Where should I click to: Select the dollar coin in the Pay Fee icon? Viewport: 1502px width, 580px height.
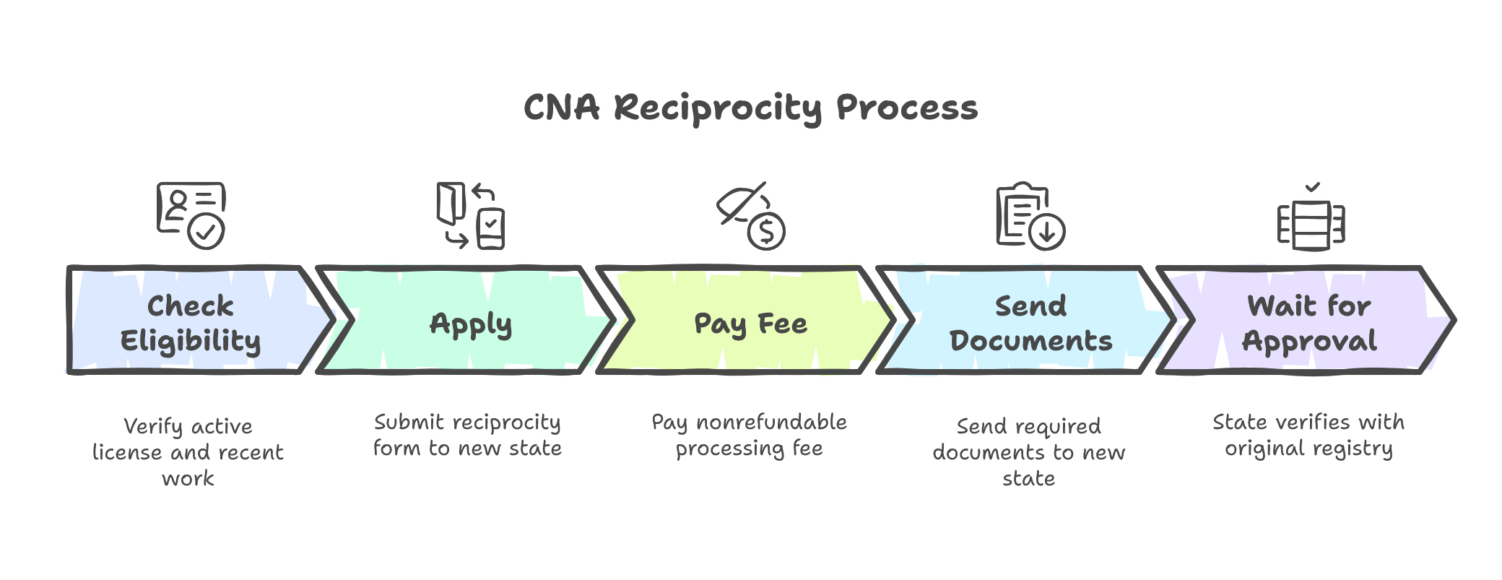766,231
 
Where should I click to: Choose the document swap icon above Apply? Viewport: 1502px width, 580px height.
470,215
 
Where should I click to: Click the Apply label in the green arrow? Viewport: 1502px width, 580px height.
471,324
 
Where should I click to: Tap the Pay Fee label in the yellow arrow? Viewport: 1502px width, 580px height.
750,324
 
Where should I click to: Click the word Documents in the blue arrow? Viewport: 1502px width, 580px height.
1030,341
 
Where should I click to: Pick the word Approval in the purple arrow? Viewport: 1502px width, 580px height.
1309,341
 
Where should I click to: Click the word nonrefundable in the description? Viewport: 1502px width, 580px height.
771,422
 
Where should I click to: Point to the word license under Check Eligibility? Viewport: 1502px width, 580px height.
127,452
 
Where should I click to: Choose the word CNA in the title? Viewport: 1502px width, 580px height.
561,108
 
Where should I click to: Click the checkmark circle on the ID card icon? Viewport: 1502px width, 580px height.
206,231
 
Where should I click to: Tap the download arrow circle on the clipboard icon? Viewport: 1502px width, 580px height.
1046,232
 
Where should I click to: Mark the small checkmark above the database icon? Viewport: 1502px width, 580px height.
1313,187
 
